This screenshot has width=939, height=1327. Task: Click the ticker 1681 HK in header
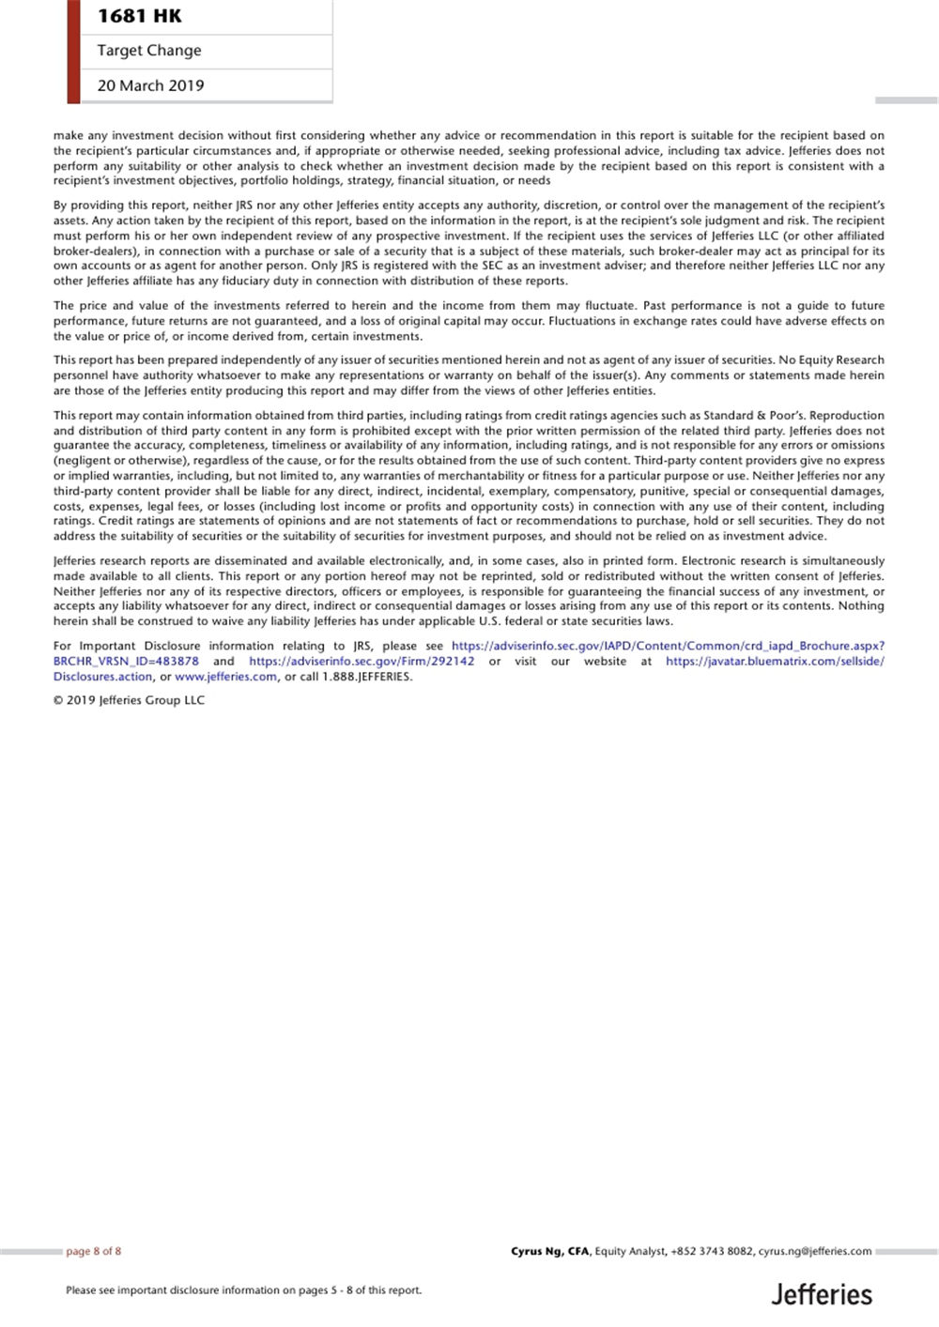pyautogui.click(x=139, y=16)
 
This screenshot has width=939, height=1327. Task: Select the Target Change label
pyautogui.click(x=148, y=51)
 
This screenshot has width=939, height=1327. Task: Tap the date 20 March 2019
pyautogui.click(x=150, y=85)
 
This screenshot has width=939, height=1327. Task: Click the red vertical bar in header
pyautogui.click(x=73, y=52)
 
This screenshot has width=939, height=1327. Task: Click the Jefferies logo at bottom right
pyautogui.click(x=822, y=1295)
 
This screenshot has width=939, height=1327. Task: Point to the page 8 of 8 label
pyautogui.click(x=93, y=1251)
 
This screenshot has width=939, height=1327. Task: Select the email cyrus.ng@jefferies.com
pyautogui.click(x=814, y=1251)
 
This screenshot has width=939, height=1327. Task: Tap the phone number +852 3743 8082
pyautogui.click(x=712, y=1251)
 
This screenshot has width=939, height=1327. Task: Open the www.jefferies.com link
pyautogui.click(x=225, y=677)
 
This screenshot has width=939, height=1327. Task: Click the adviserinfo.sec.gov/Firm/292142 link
pyautogui.click(x=362, y=662)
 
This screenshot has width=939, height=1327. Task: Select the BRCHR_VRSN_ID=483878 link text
pyautogui.click(x=126, y=662)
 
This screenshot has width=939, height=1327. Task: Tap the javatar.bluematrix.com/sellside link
pyautogui.click(x=775, y=662)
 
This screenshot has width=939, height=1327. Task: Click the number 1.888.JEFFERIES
pyautogui.click(x=367, y=677)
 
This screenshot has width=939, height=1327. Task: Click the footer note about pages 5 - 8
pyautogui.click(x=243, y=1290)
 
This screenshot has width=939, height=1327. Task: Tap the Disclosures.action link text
pyautogui.click(x=102, y=677)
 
